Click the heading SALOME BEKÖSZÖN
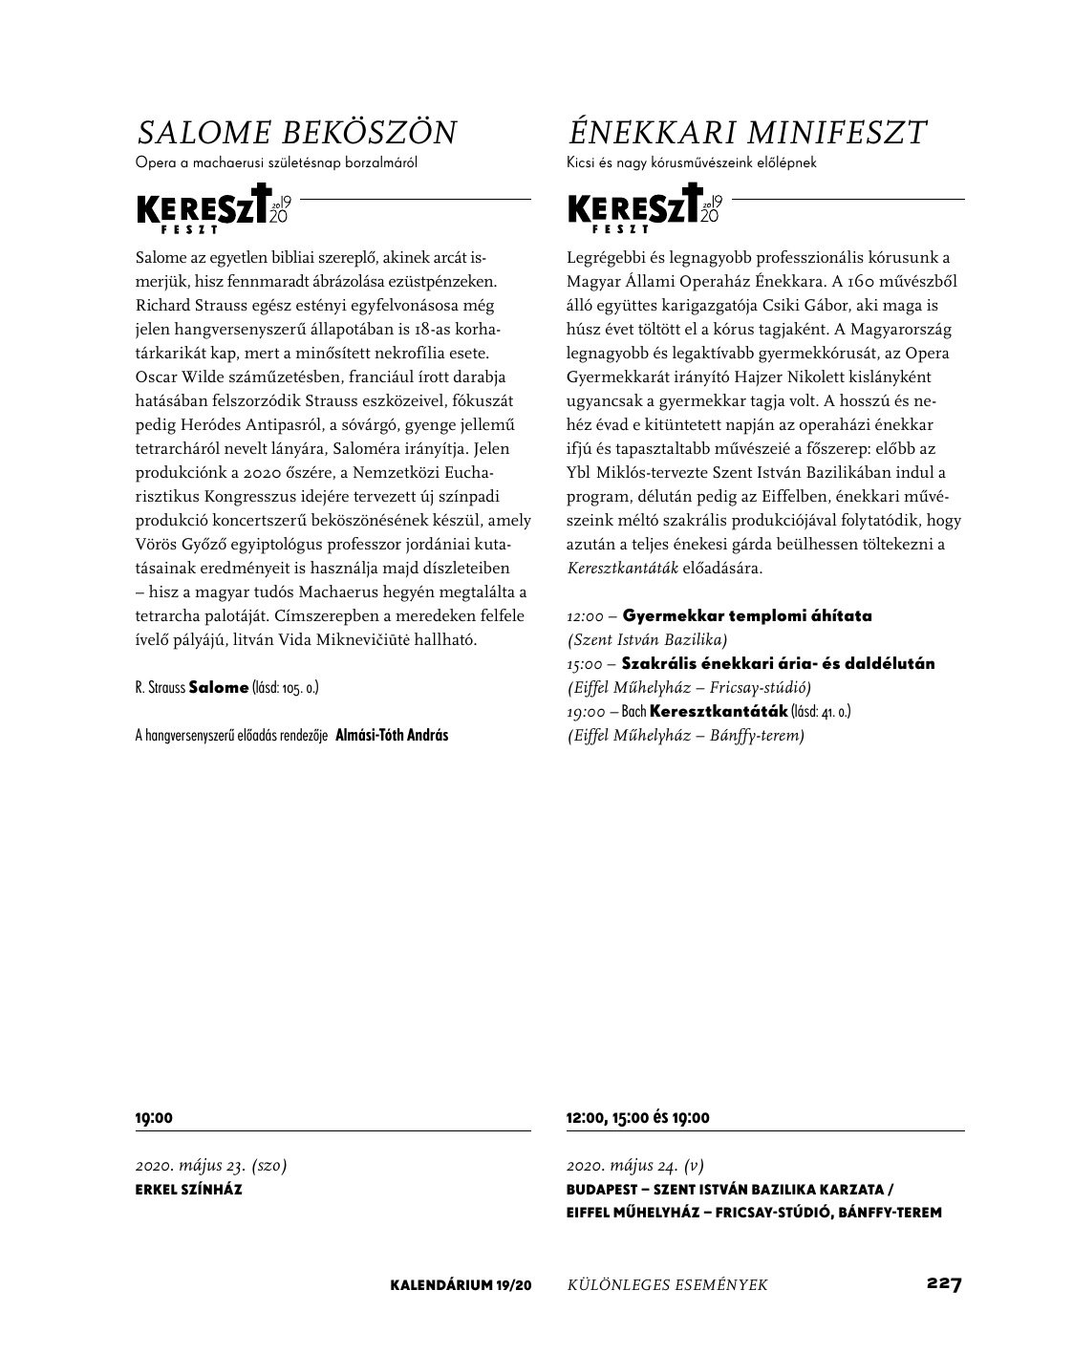pos(297,132)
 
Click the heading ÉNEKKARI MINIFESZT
pos(746,132)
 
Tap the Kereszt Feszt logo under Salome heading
pos(212,209)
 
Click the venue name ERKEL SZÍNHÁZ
pos(188,1190)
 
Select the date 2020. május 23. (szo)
pos(211,1165)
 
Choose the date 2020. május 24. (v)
pos(634,1165)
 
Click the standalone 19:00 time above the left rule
pos(154,1117)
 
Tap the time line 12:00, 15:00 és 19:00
pos(637,1117)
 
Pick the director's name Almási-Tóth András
pos(392,735)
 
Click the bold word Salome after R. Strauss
pos(219,687)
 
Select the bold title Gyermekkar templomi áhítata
pos(747,615)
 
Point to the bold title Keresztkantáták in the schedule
pos(719,711)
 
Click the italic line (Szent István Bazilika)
pos(647,639)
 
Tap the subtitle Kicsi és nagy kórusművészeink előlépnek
pos(691,162)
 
